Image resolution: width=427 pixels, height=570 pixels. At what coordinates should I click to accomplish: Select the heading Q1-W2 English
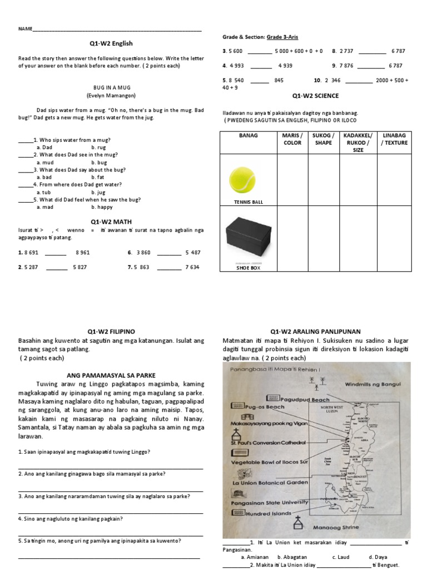pyautogui.click(x=111, y=43)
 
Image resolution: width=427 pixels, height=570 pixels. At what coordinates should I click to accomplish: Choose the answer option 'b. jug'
pyautogui.click(x=98, y=192)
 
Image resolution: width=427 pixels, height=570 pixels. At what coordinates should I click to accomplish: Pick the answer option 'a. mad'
pyautogui.click(x=45, y=207)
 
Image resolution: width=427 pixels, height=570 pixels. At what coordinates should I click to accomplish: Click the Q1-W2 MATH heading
pyautogui.click(x=111, y=221)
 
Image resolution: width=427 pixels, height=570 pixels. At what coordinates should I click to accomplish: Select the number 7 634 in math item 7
pyautogui.click(x=192, y=267)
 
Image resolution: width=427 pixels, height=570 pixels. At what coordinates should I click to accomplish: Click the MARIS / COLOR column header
pyautogui.click(x=292, y=139)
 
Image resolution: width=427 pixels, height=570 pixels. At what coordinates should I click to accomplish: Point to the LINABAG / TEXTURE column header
pyautogui.click(x=394, y=139)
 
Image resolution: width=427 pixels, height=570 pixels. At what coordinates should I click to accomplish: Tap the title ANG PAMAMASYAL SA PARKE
pyautogui.click(x=111, y=374)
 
